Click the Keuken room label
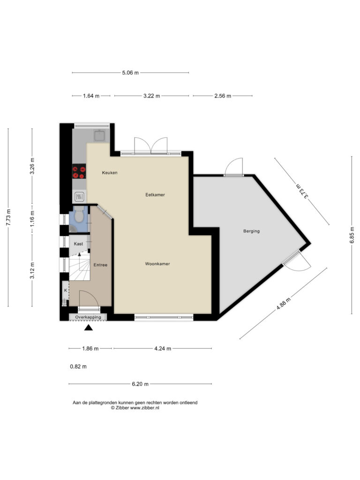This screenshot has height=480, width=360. click(x=110, y=172)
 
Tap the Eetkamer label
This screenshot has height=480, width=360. click(x=155, y=195)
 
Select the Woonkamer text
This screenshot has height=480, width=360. click(x=157, y=264)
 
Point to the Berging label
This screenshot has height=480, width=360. click(x=251, y=231)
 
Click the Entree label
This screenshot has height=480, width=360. click(x=100, y=265)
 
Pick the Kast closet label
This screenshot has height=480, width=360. click(x=78, y=244)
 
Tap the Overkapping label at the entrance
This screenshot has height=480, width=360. click(x=88, y=317)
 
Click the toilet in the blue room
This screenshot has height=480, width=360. click(x=79, y=214)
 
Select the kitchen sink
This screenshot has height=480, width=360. click(x=99, y=135)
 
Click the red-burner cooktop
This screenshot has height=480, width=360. click(x=79, y=172)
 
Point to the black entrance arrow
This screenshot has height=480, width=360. click(x=89, y=328)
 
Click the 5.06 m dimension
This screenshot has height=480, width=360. click(x=130, y=73)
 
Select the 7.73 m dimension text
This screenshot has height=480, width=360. click(x=8, y=217)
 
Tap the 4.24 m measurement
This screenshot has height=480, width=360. click(x=163, y=348)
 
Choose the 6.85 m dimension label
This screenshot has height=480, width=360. click(x=352, y=235)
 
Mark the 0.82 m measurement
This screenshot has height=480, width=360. click(x=78, y=367)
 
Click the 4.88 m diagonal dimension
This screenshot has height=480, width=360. click(x=284, y=304)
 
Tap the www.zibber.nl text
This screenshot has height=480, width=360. click(x=144, y=408)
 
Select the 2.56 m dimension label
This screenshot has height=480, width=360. click(x=223, y=96)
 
